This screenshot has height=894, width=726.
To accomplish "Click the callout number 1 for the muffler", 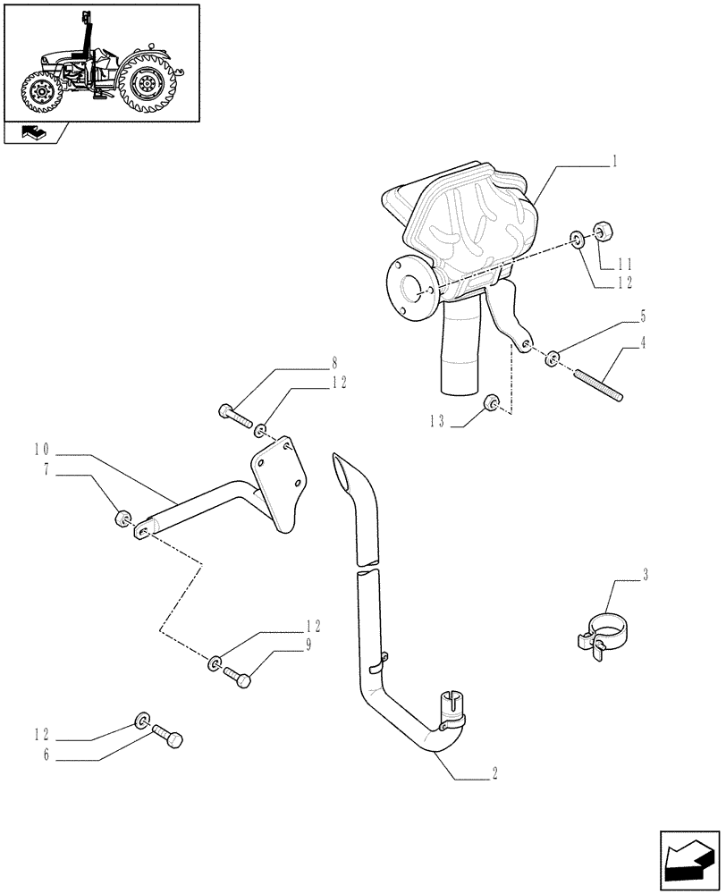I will (x=615, y=164).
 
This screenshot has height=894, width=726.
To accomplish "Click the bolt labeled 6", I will (x=168, y=736).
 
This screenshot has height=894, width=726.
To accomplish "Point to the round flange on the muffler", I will (x=410, y=288).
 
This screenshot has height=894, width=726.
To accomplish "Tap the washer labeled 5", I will (x=553, y=358).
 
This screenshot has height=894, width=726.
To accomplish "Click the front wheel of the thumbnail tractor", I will (x=42, y=92).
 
